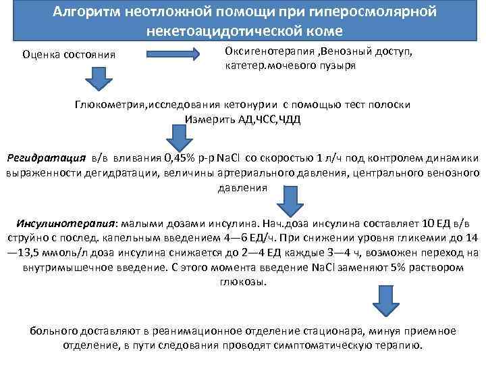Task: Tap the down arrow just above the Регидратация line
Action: tap(179, 139)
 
